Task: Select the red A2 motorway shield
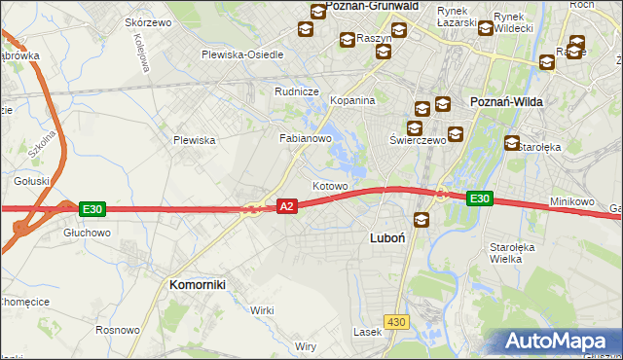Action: tap(286, 207)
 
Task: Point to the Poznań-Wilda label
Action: tap(505, 102)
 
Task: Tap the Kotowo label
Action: tap(330, 185)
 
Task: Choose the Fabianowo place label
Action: tap(307, 139)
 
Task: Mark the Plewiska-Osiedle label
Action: tap(242, 54)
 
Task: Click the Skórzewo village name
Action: tap(149, 22)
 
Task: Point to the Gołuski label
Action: tap(32, 181)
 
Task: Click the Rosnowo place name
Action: tap(118, 329)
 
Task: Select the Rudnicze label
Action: tap(298, 92)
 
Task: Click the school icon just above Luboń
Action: tap(421, 220)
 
